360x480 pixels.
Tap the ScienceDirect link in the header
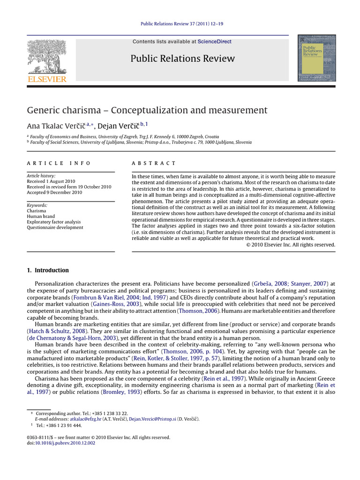(x=214, y=42)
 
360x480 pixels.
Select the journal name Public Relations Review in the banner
(x=182, y=59)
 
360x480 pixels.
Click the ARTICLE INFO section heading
(x=59, y=163)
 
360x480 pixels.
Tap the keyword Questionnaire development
(x=55, y=228)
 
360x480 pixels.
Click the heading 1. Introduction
(x=47, y=270)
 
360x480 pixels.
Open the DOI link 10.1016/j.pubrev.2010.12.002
(x=65, y=442)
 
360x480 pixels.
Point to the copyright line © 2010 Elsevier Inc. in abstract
(x=291, y=244)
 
